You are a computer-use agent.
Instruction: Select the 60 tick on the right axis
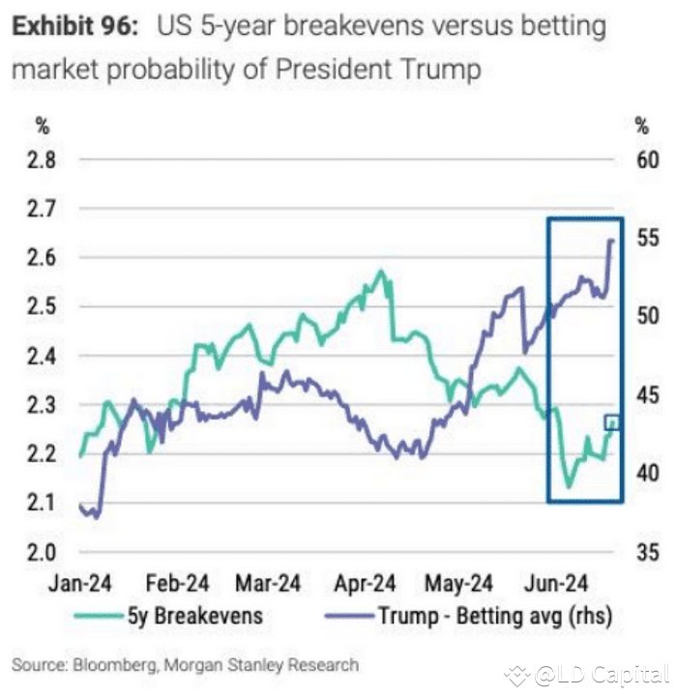click(646, 159)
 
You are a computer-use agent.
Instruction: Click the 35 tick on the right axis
click(646, 553)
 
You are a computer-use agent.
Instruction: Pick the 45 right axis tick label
click(646, 395)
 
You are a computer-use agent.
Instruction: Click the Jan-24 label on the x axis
click(81, 584)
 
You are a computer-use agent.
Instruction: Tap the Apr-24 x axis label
click(366, 584)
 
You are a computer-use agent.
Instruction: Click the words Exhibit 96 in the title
click(75, 26)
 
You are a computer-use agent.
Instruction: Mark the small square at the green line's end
click(610, 422)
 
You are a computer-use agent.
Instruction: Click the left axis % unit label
click(42, 126)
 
